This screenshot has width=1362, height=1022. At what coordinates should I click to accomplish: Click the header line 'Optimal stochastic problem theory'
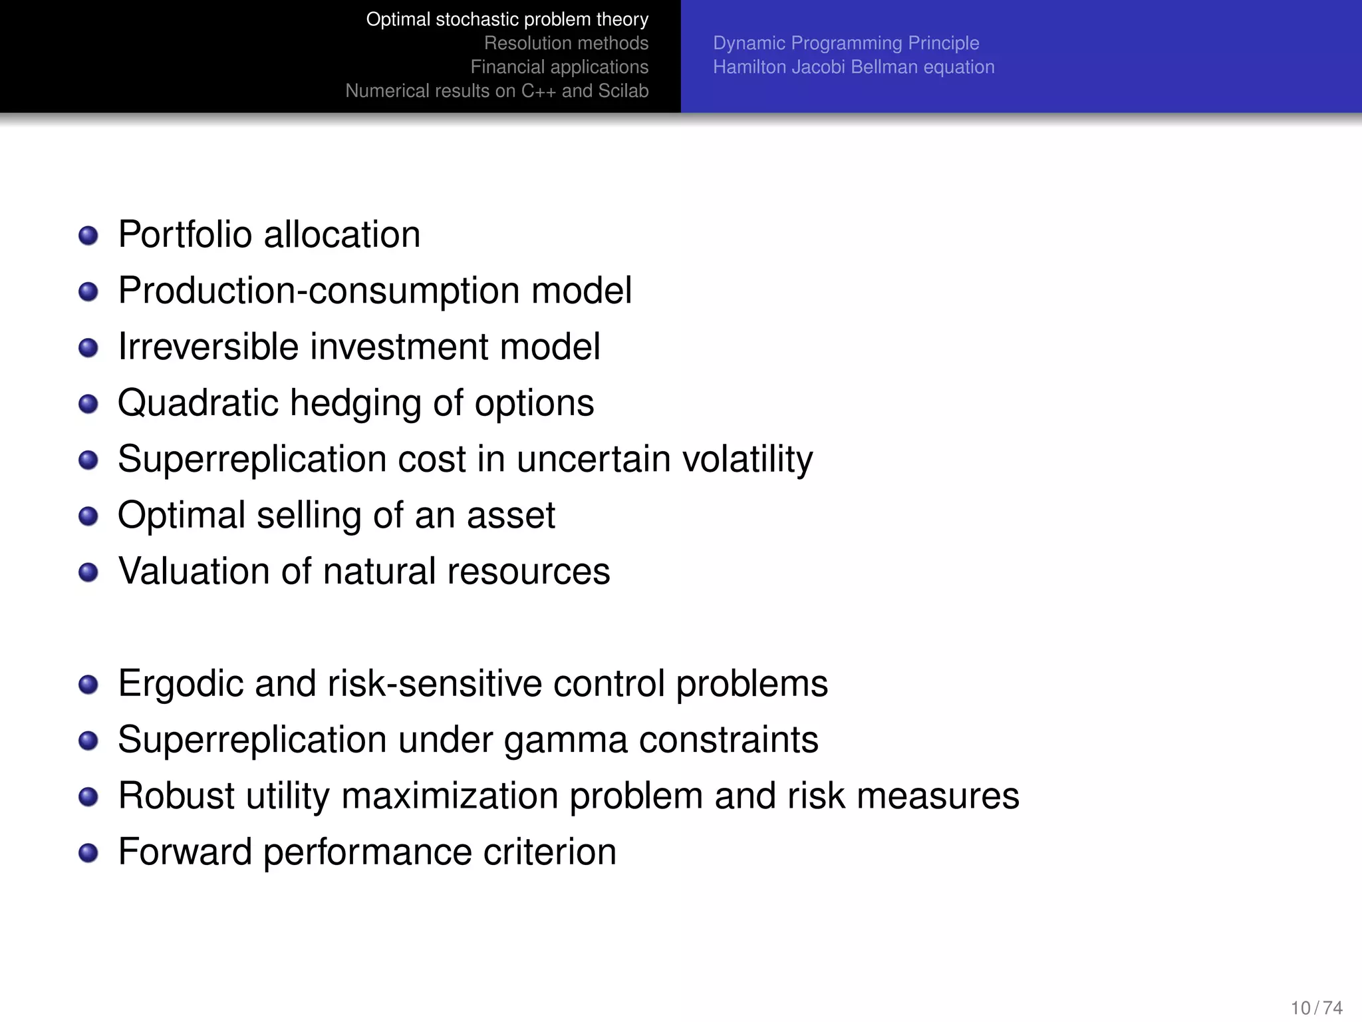[507, 19]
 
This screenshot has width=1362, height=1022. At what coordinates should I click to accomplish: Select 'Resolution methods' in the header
[566, 43]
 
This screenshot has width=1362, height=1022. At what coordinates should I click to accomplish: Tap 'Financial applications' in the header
[559, 67]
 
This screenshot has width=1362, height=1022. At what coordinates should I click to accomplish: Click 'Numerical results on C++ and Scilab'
[497, 91]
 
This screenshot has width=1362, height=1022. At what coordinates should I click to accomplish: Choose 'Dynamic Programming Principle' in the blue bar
[846, 43]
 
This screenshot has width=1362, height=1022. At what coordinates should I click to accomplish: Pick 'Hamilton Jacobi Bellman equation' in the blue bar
[854, 67]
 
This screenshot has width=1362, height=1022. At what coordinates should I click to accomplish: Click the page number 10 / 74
[1316, 1008]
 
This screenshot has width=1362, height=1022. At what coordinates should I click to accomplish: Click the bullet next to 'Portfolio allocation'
[88, 236]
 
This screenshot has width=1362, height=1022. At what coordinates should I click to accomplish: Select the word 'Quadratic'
[198, 404]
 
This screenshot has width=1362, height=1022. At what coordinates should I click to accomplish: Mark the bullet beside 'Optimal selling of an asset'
[88, 516]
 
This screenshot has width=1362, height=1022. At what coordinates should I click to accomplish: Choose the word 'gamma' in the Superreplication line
[565, 741]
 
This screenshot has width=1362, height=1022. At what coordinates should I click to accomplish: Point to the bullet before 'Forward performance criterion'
[88, 853]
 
